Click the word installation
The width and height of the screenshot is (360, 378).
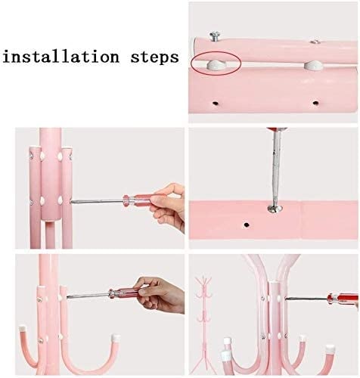click(61, 57)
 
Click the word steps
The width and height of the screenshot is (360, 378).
click(155, 57)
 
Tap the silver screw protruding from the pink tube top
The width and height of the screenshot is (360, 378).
click(215, 36)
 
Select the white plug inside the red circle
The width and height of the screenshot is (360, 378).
click(213, 65)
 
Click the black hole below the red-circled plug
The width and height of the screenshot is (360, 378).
click(215, 103)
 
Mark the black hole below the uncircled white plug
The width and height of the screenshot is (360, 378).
click(315, 103)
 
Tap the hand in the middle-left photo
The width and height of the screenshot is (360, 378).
click(167, 206)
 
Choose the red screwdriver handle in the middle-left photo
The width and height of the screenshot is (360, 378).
click(138, 200)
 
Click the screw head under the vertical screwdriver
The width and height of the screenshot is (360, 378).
click(275, 209)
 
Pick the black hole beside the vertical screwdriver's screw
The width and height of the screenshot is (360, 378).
click(246, 224)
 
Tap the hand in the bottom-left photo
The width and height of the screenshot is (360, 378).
click(160, 294)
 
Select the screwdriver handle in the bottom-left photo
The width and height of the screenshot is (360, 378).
click(124, 293)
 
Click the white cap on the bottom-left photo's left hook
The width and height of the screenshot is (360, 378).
click(23, 329)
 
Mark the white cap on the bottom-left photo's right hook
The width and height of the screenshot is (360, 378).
click(116, 337)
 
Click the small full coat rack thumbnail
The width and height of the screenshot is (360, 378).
click(204, 325)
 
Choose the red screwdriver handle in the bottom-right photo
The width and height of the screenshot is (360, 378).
click(343, 299)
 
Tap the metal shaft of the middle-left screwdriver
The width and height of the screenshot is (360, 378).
click(97, 201)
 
